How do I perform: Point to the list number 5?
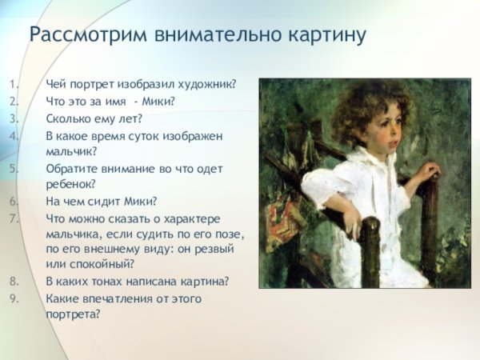click(14, 169)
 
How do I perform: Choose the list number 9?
click(14, 298)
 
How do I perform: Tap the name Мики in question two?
click(158, 102)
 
